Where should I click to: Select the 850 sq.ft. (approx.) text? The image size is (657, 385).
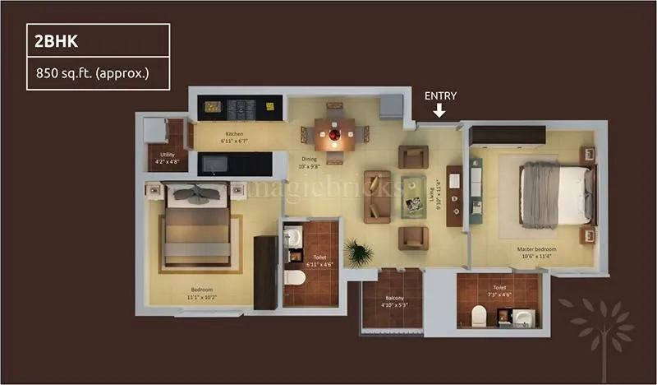pos(91,73)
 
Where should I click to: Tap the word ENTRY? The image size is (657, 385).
pos(440,95)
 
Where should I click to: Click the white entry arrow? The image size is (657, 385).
pos(440,110)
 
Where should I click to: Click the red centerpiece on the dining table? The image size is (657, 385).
pos(334,133)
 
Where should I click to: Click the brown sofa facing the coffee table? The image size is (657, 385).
pos(376,195)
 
